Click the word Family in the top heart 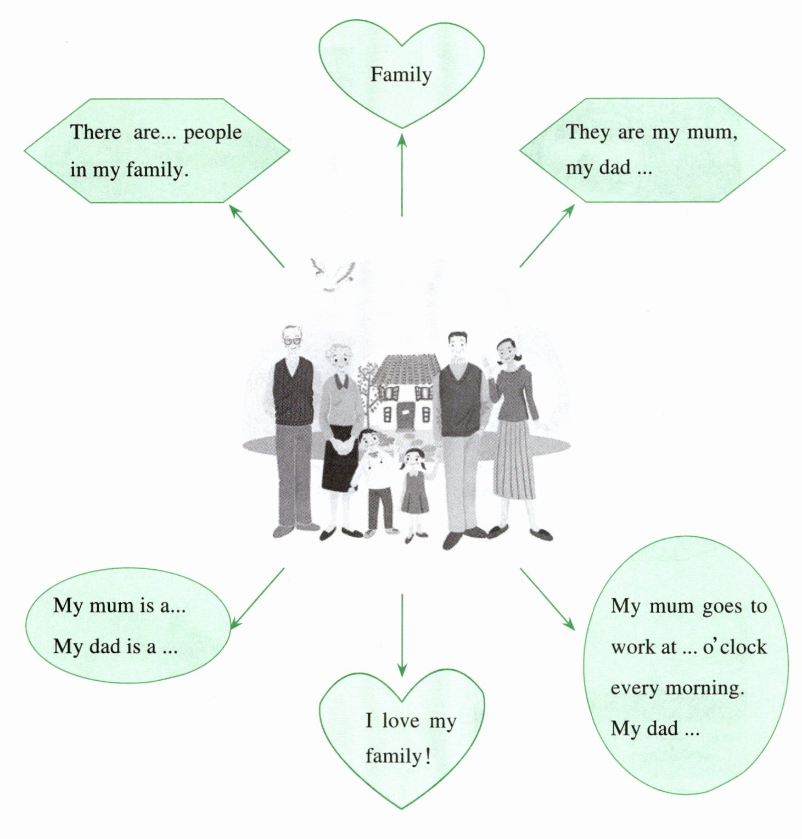pyautogui.click(x=401, y=75)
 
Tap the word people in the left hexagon pyautogui.click(x=212, y=134)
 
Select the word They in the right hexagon pyautogui.click(x=587, y=132)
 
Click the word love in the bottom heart pyautogui.click(x=400, y=721)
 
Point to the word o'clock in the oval pyautogui.click(x=734, y=647)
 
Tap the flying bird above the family pyautogui.click(x=332, y=274)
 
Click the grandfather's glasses pyautogui.click(x=293, y=340)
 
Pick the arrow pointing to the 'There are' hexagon pyautogui.click(x=256, y=235)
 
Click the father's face pyautogui.click(x=457, y=347)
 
